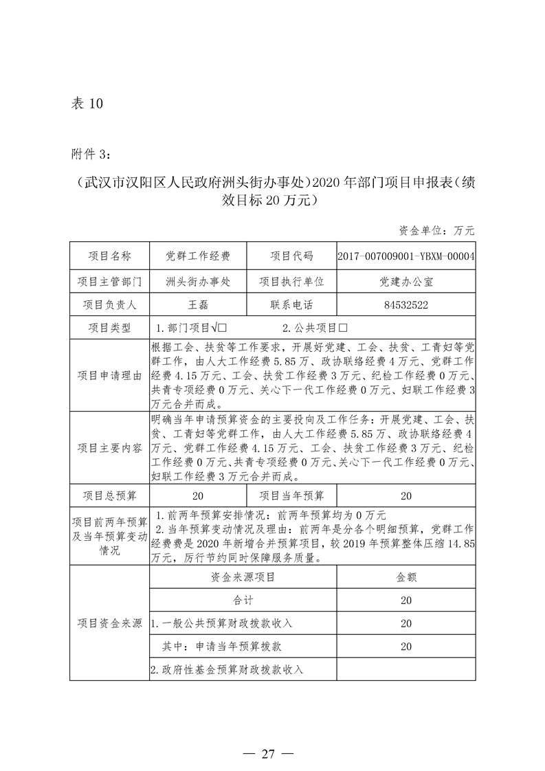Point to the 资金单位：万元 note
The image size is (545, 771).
tap(436, 230)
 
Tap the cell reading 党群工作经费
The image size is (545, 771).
tap(197, 256)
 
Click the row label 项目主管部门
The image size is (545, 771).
tap(109, 281)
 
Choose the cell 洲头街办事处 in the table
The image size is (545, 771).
tap(197, 281)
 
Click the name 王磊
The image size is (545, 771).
tap(197, 306)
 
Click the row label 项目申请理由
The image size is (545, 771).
tap(109, 375)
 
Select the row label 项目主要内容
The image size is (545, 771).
tap(109, 447)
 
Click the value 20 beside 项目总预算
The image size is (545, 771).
tap(197, 495)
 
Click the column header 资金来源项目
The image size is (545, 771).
tap(243, 577)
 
